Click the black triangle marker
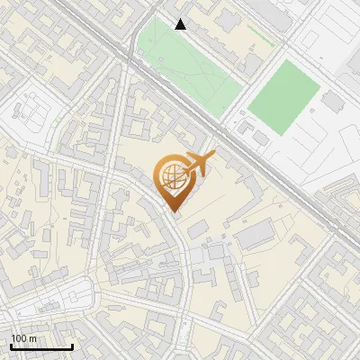pos(181,24)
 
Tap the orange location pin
pos(173,181)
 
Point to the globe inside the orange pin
pos(172,176)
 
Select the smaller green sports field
pos(284,97)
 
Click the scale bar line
pos(41,346)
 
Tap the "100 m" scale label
pos(23,337)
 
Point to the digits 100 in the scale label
pos(19,337)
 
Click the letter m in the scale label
pos(32,337)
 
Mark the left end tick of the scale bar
pos(11,345)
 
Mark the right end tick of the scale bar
pos(72,345)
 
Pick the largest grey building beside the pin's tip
pos(255,236)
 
